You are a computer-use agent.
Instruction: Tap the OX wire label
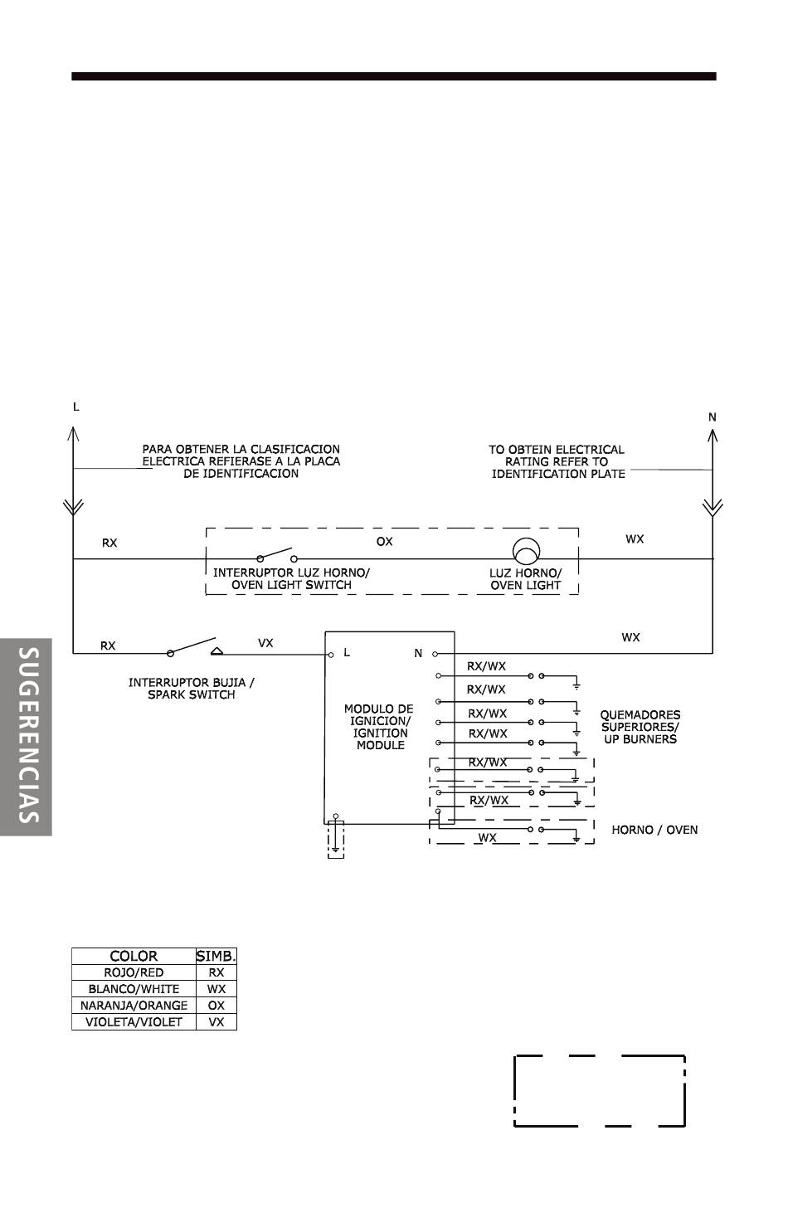(384, 541)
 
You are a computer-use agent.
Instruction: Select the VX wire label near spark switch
(265, 642)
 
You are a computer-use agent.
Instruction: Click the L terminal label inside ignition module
(347, 652)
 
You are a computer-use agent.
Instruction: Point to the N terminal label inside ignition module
(418, 653)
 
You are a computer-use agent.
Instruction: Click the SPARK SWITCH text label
(191, 694)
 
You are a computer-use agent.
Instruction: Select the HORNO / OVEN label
(654, 830)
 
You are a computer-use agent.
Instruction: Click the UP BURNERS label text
(640, 738)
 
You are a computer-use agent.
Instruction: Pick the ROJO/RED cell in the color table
(134, 972)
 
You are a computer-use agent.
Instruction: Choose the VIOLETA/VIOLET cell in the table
(134, 1022)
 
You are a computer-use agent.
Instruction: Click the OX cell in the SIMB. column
(216, 1006)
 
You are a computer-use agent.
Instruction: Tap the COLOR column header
(134, 956)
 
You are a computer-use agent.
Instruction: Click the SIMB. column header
(216, 956)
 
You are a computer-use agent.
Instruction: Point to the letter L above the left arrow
(76, 407)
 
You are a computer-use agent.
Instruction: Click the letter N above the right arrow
(712, 417)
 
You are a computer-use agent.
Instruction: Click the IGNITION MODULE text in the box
(380, 738)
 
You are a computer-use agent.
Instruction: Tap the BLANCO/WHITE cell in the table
(134, 989)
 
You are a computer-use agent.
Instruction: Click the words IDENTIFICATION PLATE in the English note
(557, 474)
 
